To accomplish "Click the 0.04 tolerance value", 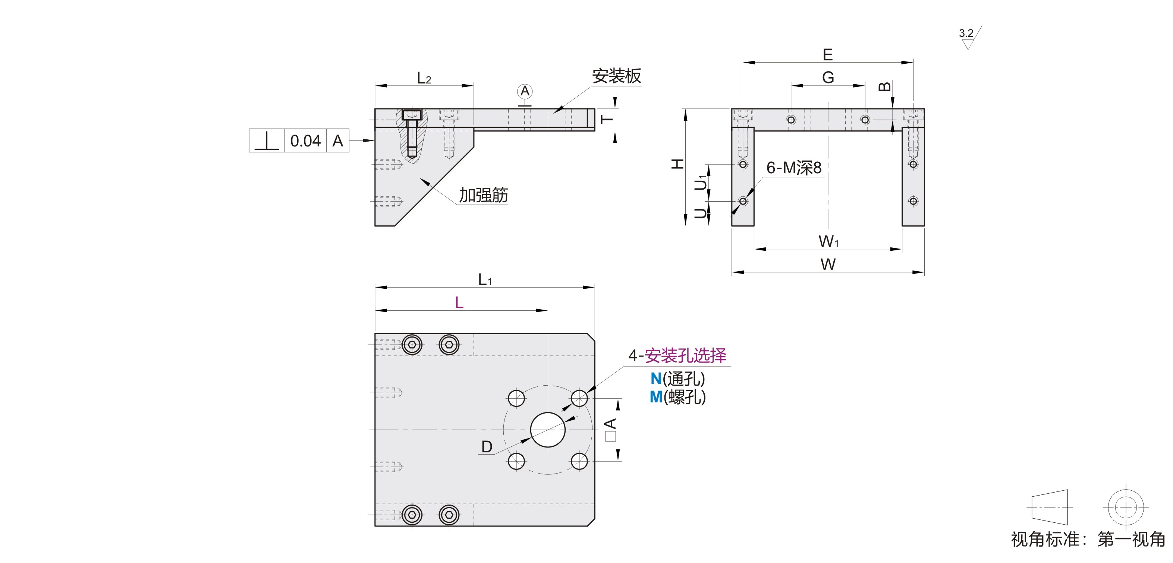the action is coord(305,141).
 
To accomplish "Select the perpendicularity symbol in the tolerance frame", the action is coord(267,141).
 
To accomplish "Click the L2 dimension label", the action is coord(424,78).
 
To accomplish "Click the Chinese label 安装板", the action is coord(617,76).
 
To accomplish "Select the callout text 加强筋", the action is coord(483,195).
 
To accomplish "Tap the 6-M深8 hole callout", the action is coord(794,168).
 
